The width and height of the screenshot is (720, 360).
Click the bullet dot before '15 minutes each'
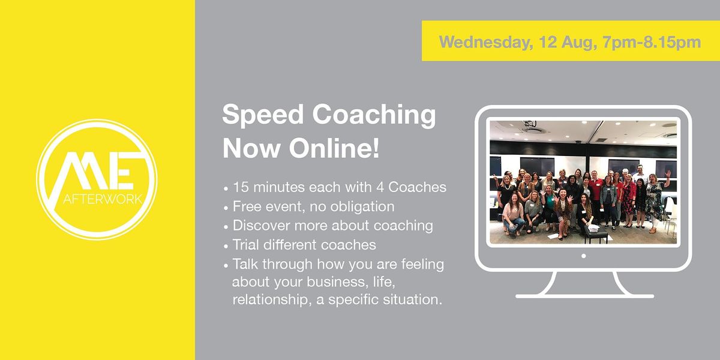point(226,187)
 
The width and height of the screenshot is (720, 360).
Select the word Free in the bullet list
point(246,206)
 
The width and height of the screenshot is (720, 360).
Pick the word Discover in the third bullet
point(259,226)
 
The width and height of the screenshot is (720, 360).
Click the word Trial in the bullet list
point(247,245)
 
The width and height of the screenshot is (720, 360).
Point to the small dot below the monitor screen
point(583,256)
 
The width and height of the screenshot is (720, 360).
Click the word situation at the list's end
point(413,299)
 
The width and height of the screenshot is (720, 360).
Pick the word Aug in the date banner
point(570,43)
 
